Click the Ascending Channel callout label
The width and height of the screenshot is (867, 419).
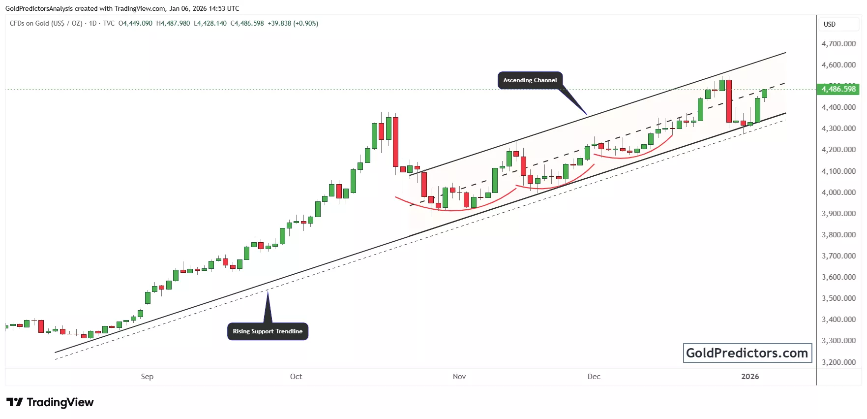click(x=530, y=80)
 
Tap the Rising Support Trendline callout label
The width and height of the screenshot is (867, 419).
click(x=268, y=331)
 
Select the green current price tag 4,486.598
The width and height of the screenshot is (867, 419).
click(x=838, y=89)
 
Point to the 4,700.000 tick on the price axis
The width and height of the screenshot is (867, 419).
click(x=838, y=44)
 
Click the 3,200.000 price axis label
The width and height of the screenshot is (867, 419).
click(x=838, y=362)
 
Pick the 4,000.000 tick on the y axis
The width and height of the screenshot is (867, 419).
click(x=838, y=193)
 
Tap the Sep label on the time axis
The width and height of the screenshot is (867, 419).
click(x=147, y=377)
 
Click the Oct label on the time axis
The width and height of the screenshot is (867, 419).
click(x=296, y=377)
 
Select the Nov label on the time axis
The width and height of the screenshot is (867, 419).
click(x=459, y=377)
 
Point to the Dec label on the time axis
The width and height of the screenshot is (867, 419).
click(x=594, y=377)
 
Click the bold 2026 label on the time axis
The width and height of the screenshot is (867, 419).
click(x=750, y=377)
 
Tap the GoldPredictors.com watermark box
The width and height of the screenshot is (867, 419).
click(x=747, y=353)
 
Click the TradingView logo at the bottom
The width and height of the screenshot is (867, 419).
click(x=50, y=402)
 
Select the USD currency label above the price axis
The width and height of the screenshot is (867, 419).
click(x=830, y=24)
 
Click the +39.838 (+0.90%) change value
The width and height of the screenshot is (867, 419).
click(x=293, y=23)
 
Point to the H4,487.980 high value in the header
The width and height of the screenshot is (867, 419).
click(x=173, y=23)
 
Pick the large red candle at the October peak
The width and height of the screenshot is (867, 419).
click(x=395, y=142)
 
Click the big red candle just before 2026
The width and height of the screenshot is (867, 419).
click(x=729, y=101)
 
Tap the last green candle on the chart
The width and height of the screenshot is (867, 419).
click(x=764, y=94)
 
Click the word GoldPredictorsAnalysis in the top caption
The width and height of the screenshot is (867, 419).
click(x=39, y=8)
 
